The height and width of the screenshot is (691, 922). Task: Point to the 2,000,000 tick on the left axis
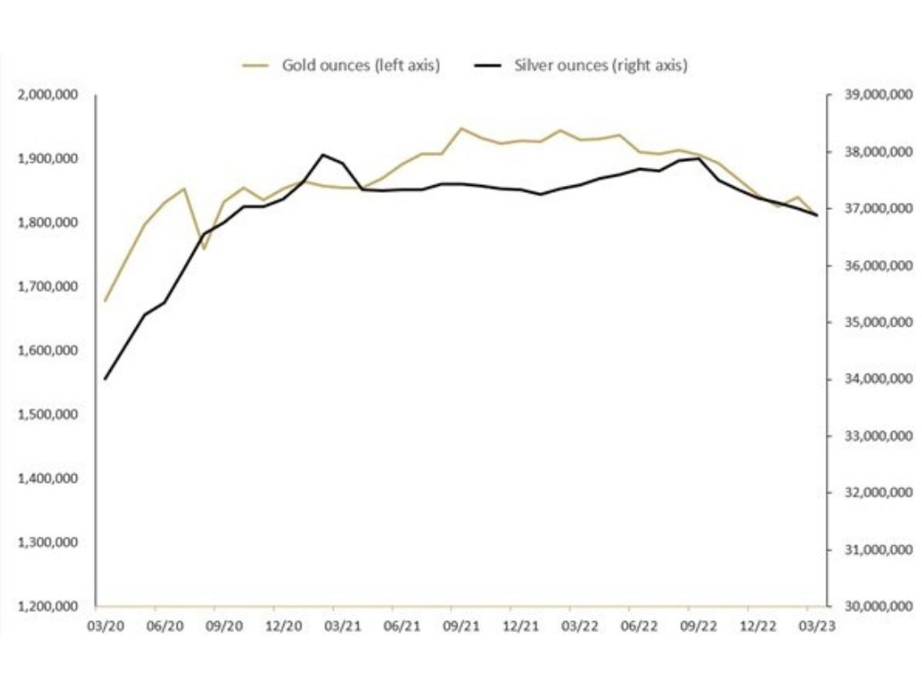(x=55, y=95)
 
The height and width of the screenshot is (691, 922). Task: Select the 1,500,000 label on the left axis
(x=55, y=415)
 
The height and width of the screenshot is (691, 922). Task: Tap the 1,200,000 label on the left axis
(x=55, y=607)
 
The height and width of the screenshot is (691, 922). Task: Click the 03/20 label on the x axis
(x=105, y=625)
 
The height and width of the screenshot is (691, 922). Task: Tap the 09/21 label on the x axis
(x=461, y=625)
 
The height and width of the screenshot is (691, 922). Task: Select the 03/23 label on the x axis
(x=817, y=625)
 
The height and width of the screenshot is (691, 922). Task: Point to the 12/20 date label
(x=283, y=625)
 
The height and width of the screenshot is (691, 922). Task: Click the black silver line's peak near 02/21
(x=323, y=154)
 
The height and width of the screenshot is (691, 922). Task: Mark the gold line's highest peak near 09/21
(x=461, y=129)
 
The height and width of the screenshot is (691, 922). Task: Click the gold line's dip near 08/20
(x=204, y=249)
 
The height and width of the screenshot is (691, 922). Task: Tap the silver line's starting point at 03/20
(x=105, y=379)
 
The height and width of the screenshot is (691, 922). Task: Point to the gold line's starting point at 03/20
(x=105, y=301)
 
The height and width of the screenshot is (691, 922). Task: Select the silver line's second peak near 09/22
(x=699, y=159)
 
